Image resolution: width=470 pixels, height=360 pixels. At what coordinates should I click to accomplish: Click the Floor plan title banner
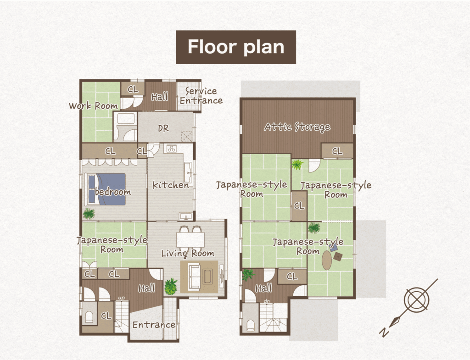(236, 47)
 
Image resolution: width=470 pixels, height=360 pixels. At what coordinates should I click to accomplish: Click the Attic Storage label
(297, 127)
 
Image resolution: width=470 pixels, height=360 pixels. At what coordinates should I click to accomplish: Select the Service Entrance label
(201, 95)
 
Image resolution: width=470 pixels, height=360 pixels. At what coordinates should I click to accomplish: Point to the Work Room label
(93, 106)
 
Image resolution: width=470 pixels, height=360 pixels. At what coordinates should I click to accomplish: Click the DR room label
(163, 128)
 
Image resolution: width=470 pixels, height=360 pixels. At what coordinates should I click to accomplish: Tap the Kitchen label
(171, 185)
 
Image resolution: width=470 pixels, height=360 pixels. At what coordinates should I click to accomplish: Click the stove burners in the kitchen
(172, 148)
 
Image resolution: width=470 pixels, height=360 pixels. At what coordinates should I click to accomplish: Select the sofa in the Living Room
(194, 277)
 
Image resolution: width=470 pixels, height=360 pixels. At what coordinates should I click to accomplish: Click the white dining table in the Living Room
(190, 239)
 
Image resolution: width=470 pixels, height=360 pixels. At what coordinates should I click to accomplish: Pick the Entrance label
(154, 325)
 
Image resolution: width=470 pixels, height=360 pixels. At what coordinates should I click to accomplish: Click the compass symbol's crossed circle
(416, 300)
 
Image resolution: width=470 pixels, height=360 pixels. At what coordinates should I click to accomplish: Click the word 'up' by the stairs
(121, 298)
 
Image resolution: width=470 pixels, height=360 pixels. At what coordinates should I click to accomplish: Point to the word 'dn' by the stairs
(267, 301)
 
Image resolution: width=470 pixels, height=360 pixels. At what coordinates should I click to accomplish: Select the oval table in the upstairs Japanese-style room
(328, 260)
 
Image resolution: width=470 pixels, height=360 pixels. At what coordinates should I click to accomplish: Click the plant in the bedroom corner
(89, 214)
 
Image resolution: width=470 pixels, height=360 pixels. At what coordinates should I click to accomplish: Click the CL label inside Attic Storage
(337, 151)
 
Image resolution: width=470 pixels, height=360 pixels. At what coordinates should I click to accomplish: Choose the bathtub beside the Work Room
(125, 119)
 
